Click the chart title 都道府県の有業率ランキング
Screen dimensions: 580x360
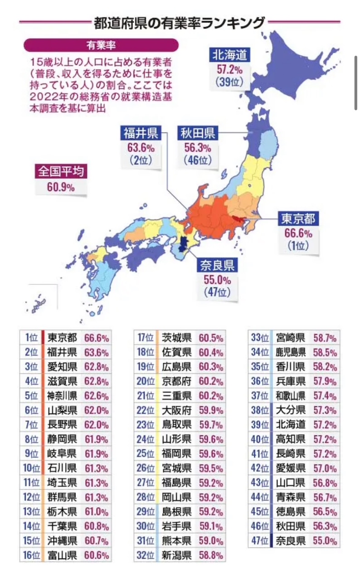coord(179,22)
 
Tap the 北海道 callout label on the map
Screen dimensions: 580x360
coord(229,55)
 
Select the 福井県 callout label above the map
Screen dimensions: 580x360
coord(140,132)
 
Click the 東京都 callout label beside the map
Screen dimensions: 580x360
coord(298,219)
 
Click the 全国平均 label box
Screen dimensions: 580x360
coord(61,171)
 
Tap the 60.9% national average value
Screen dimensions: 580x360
coord(61,187)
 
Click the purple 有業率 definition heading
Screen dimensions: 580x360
coord(101,45)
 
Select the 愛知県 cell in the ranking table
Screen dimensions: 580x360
coord(62,367)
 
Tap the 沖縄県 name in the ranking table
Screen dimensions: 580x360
coord(62,541)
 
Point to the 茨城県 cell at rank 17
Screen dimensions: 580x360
coord(176,338)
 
